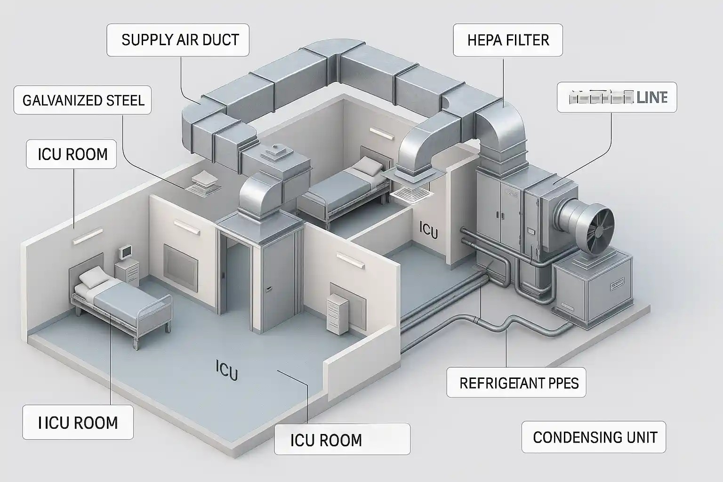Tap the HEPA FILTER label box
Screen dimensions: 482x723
508,40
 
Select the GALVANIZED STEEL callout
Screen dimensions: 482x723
83,100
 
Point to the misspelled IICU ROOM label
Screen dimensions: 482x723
78,422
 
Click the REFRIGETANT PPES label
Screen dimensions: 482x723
519,383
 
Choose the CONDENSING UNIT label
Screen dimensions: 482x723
594,437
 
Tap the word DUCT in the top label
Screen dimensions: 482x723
221,40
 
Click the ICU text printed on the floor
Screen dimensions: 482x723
226,370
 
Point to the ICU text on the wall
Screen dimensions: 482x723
427,231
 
